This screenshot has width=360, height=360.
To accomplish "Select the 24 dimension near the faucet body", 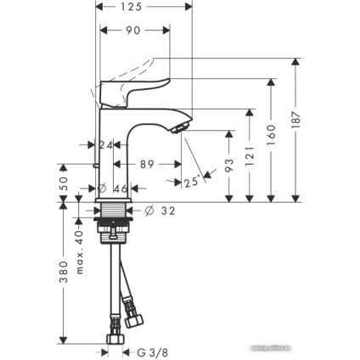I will point(106,145).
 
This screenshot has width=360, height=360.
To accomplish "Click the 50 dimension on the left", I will point(63,183).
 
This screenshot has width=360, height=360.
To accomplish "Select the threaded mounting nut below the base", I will point(115,223).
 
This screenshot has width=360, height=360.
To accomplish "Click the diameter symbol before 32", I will point(149,210).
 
